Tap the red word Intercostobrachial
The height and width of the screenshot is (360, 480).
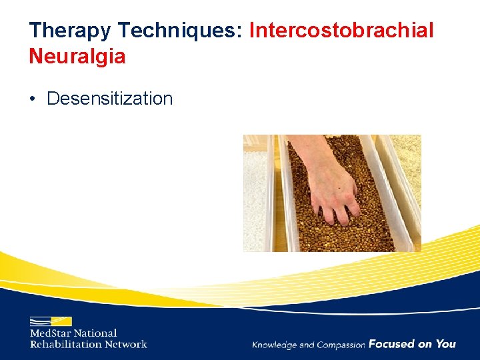tap(341, 30)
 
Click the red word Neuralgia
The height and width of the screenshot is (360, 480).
tap(77, 56)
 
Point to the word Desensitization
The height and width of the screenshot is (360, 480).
tap(109, 99)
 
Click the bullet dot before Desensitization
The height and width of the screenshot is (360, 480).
tap(33, 99)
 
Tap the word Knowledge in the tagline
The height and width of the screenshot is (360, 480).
tap(275, 345)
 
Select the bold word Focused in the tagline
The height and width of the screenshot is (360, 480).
tap(391, 344)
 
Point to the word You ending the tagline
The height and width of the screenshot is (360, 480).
tap(445, 344)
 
